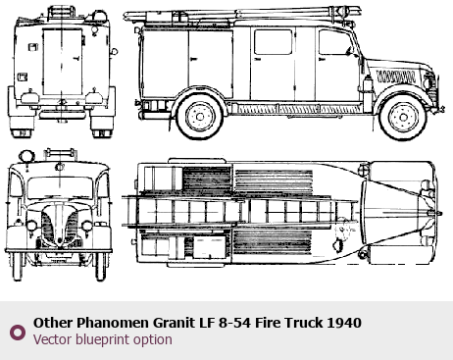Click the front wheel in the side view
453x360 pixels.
403,117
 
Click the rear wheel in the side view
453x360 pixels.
200,116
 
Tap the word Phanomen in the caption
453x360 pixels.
112,323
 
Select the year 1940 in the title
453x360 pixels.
344,323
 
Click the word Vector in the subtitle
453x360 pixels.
53,339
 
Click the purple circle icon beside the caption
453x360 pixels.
18,333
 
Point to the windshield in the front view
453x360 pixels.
60,187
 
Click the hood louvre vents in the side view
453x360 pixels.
396,77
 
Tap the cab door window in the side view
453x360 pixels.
334,42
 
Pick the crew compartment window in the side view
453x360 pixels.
273,42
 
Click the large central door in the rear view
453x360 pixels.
62,62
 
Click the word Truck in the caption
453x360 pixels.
303,323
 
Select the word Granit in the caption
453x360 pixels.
174,323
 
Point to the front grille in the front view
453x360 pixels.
60,226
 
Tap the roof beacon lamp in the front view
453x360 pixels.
26,156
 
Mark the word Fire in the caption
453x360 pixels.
268,323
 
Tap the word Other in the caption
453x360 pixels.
53,323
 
